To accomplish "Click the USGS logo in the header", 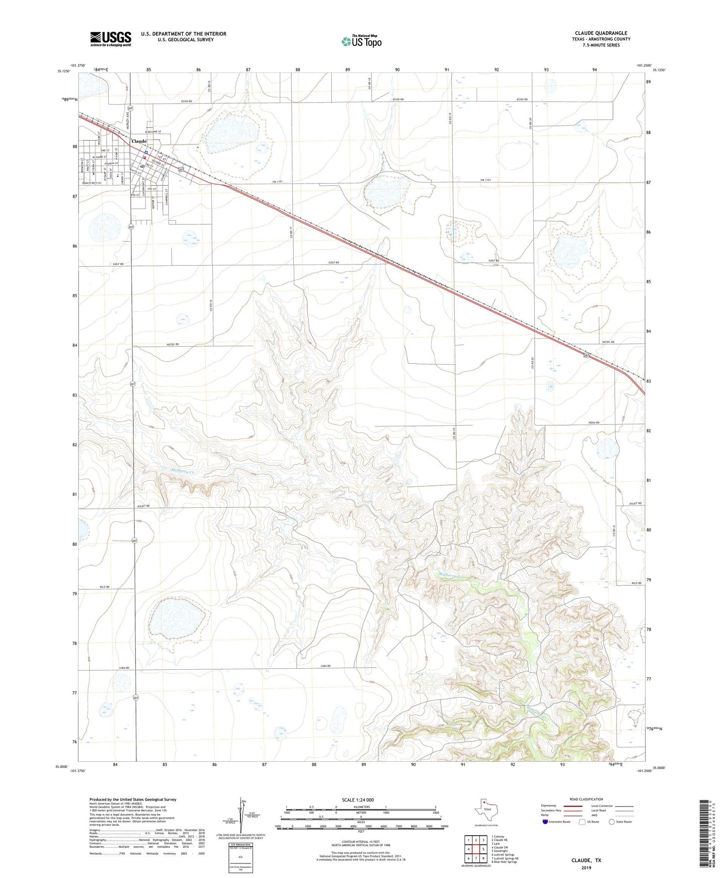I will click(x=111, y=39).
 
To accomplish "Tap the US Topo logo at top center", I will click(x=361, y=41).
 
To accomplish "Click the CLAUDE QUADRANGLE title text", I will click(x=601, y=33).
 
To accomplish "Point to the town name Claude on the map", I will click(x=139, y=141).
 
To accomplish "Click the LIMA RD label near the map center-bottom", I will click(x=325, y=666).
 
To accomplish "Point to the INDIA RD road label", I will click(x=594, y=422).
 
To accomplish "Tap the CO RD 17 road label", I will click(x=291, y=232).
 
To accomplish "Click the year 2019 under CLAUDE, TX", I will click(x=586, y=867).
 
